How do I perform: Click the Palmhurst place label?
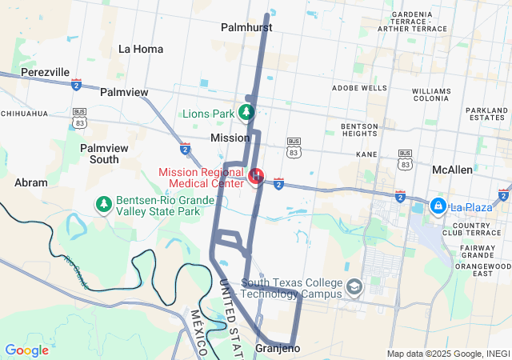tap(246, 27)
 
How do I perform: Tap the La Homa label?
tap(141, 49)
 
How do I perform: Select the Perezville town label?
tap(45, 72)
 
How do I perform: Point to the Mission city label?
tap(230, 138)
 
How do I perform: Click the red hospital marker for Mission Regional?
tap(257, 174)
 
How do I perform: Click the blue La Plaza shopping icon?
tap(438, 206)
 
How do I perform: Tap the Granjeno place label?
tap(278, 349)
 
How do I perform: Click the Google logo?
tap(27, 350)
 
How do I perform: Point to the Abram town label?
tap(31, 182)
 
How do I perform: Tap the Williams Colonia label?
tap(432, 96)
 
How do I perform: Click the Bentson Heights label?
tap(359, 130)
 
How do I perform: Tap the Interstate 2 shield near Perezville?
tap(76, 84)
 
